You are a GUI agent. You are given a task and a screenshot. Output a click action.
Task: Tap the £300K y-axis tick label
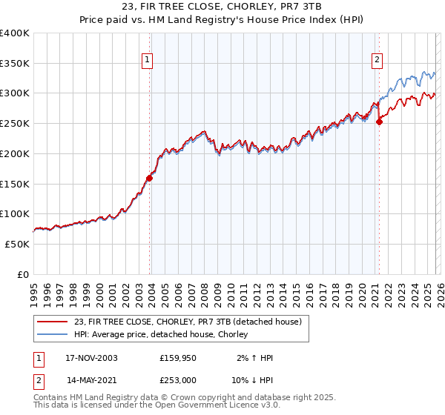coord(15,93)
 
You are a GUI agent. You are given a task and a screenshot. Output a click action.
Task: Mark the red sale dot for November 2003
coord(150,178)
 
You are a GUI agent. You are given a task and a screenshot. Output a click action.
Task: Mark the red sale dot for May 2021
coord(379,122)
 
